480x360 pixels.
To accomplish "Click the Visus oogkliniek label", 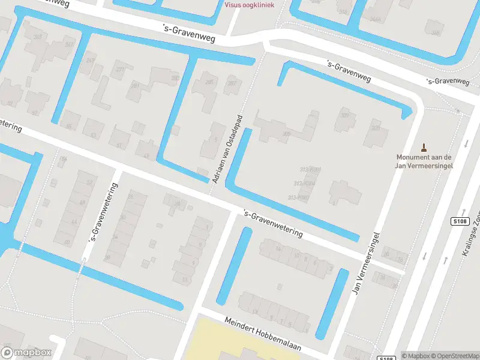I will click(x=249, y=5).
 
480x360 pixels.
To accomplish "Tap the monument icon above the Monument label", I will click(x=424, y=147).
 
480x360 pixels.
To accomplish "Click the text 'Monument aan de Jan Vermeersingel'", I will click(x=424, y=161).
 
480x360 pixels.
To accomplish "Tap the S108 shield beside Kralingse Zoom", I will click(x=459, y=221).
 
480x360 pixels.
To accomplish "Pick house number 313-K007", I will click(x=298, y=197).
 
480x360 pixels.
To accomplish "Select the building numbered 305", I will click(x=287, y=134).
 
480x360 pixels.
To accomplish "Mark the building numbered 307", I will click(x=344, y=115).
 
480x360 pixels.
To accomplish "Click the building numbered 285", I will click(x=209, y=82).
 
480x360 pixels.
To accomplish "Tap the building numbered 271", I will click(x=120, y=69).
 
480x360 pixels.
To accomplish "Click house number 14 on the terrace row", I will click(x=278, y=248).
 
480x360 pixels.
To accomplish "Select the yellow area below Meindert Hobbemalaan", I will click(x=240, y=342).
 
